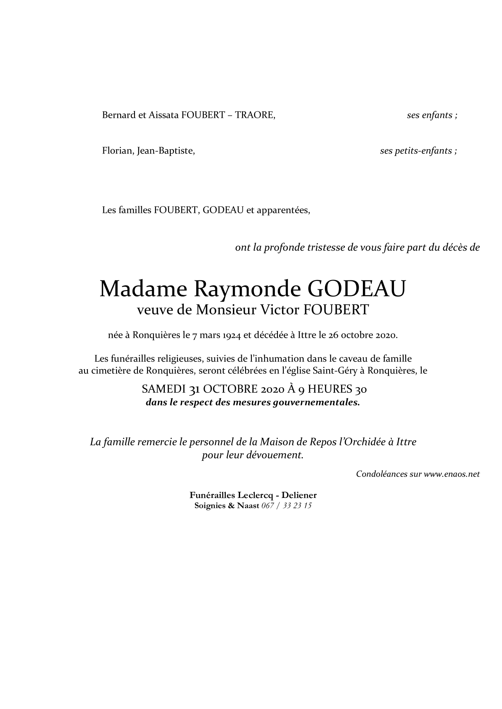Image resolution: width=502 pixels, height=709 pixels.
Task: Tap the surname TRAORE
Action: [255, 115]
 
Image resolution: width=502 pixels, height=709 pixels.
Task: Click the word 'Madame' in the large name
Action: [143, 289]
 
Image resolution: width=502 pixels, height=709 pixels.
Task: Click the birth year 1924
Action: [232, 336]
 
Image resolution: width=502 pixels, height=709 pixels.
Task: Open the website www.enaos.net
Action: [452, 474]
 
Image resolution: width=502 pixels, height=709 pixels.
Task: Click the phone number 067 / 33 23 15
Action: [286, 506]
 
